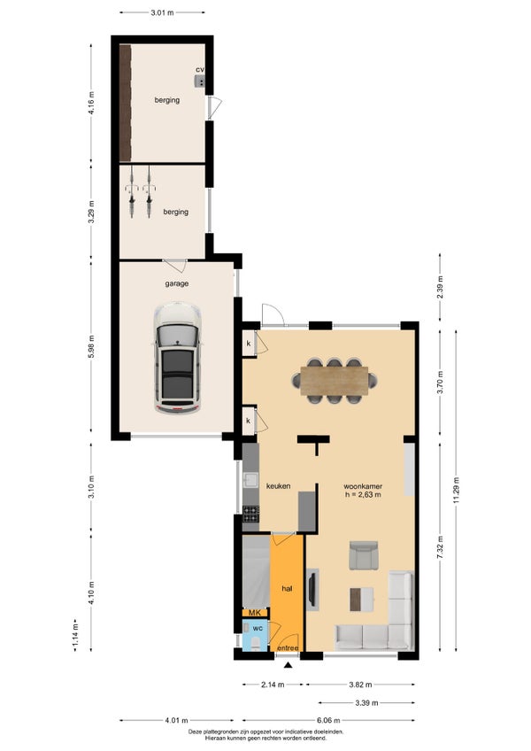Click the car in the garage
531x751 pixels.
[x=177, y=358]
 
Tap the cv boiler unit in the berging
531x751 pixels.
[x=200, y=81]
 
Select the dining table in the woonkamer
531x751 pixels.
[x=335, y=381]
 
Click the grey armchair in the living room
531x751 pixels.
[x=364, y=555]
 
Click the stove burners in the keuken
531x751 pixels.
[x=250, y=514]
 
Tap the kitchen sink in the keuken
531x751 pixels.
[x=250, y=480]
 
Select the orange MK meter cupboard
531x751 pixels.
[x=255, y=613]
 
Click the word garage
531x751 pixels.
[x=177, y=283]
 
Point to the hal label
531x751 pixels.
[x=287, y=589]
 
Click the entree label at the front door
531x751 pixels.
[x=288, y=648]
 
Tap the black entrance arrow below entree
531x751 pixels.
[x=288, y=665]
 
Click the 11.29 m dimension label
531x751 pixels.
[x=457, y=490]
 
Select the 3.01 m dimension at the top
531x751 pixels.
[x=162, y=13]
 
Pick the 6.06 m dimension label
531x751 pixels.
[x=328, y=720]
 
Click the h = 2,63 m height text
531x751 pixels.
[x=363, y=495]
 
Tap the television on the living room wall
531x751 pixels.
[x=312, y=589]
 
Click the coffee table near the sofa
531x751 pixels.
[x=361, y=600]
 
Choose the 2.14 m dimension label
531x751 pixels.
[x=273, y=685]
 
